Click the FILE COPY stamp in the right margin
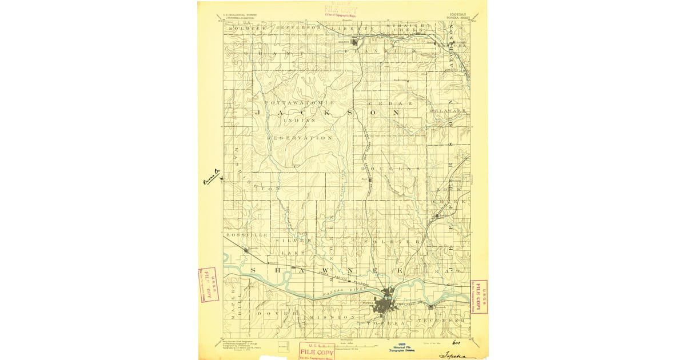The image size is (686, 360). [478, 297]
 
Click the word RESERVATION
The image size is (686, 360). [300, 138]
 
